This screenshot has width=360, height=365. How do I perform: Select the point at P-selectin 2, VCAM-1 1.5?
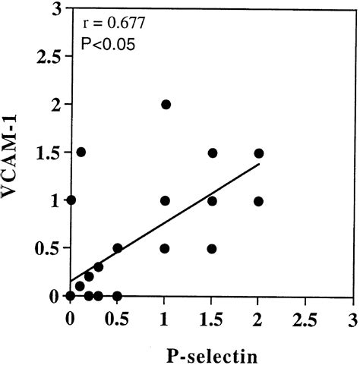tap(259, 153)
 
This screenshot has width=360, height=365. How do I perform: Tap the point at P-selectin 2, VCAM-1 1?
tap(259, 201)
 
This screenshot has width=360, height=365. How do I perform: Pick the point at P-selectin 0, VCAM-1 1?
tap(71, 200)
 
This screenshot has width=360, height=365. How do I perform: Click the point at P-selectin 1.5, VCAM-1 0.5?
tap(212, 248)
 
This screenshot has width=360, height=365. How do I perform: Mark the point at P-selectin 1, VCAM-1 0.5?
tap(166, 248)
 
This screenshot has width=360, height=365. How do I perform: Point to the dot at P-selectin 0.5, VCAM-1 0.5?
tap(118, 248)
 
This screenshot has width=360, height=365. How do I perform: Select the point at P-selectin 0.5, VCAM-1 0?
tap(117, 295)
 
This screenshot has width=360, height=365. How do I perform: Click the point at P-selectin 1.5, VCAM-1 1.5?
tap(213, 153)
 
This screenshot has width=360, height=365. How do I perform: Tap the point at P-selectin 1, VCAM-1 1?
tap(166, 201)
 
